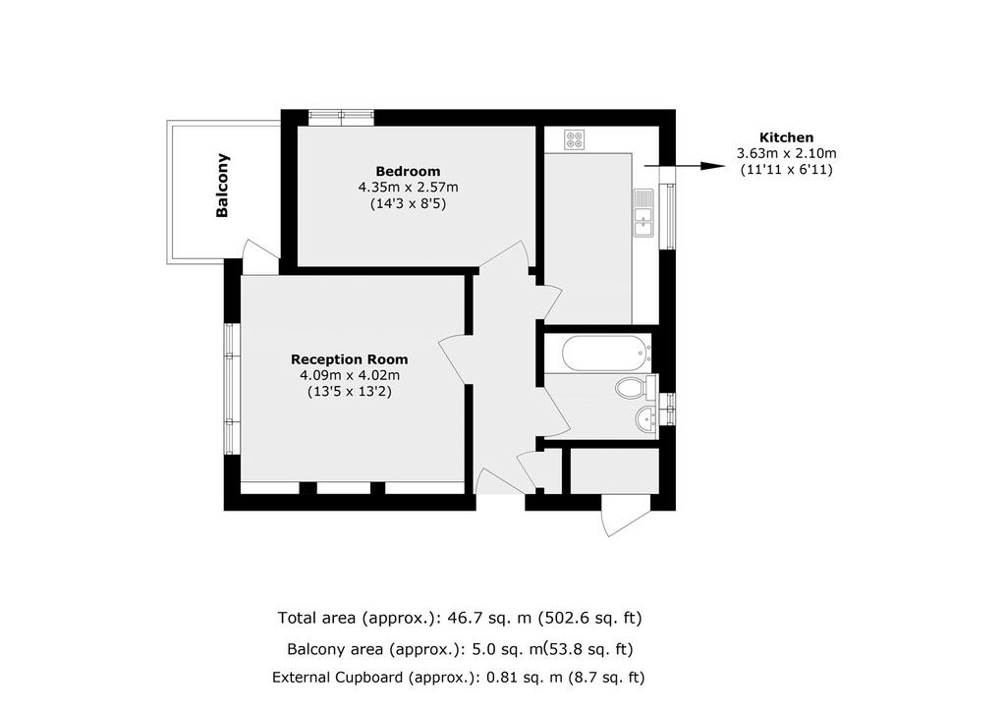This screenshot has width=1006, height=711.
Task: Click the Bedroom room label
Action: [408, 171]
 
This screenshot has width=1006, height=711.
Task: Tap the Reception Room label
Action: [350, 359]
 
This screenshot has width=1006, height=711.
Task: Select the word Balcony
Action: [222, 186]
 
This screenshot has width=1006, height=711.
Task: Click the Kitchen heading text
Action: [787, 137]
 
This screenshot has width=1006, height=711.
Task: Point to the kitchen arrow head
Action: [713, 166]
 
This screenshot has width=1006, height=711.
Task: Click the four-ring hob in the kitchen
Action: [574, 139]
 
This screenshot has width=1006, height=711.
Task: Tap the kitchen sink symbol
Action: [643, 213]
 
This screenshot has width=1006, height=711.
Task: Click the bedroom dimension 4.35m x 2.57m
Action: [408, 188]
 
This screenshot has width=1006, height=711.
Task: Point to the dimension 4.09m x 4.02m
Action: [350, 376]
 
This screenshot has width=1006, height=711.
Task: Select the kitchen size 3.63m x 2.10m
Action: [787, 154]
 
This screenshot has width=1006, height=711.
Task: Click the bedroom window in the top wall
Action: [341, 117]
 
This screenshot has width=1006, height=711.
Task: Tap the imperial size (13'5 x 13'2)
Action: [350, 392]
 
